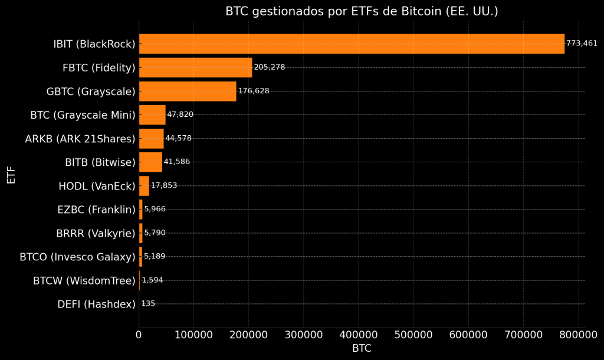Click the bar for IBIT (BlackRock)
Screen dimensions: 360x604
(x=351, y=44)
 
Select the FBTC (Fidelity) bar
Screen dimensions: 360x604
(x=195, y=67)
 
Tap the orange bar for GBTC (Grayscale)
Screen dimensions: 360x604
(x=187, y=91)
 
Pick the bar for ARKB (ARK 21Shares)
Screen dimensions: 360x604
(x=151, y=138)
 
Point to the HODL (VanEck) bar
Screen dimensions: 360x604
(x=144, y=185)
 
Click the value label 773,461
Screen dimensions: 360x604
(x=582, y=44)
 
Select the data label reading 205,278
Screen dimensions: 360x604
(x=270, y=67)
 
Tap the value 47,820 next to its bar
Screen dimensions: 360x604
(x=180, y=114)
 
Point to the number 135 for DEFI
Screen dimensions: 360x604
(x=148, y=304)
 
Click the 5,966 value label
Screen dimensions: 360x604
(x=155, y=209)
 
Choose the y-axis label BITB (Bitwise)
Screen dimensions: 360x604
(x=100, y=162)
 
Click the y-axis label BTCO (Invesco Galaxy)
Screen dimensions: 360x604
(x=77, y=257)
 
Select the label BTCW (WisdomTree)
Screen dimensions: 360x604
(x=84, y=281)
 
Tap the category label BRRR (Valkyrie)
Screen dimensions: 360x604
(x=96, y=233)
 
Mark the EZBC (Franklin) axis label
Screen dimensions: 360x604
(x=96, y=210)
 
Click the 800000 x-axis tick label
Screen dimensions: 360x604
(x=577, y=335)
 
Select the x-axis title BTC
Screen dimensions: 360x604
(x=362, y=348)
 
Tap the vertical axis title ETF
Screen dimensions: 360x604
(x=11, y=175)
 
